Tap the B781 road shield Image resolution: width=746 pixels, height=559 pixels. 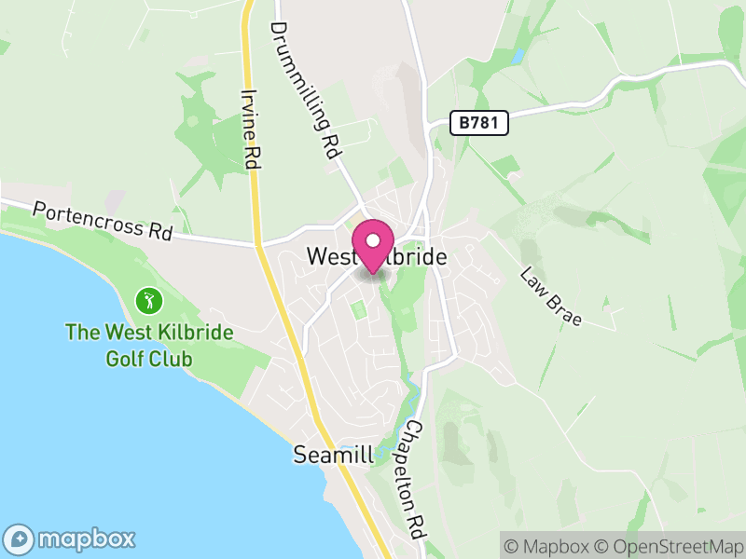(x=478, y=123)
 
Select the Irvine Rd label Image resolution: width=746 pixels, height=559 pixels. (x=250, y=129)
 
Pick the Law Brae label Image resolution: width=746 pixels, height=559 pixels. (x=551, y=297)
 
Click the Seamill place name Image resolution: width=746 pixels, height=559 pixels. (x=333, y=456)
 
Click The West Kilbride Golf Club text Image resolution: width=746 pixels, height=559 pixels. (x=149, y=345)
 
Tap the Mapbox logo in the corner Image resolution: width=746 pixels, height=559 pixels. (x=71, y=539)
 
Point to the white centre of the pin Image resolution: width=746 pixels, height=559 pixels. (x=373, y=239)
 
